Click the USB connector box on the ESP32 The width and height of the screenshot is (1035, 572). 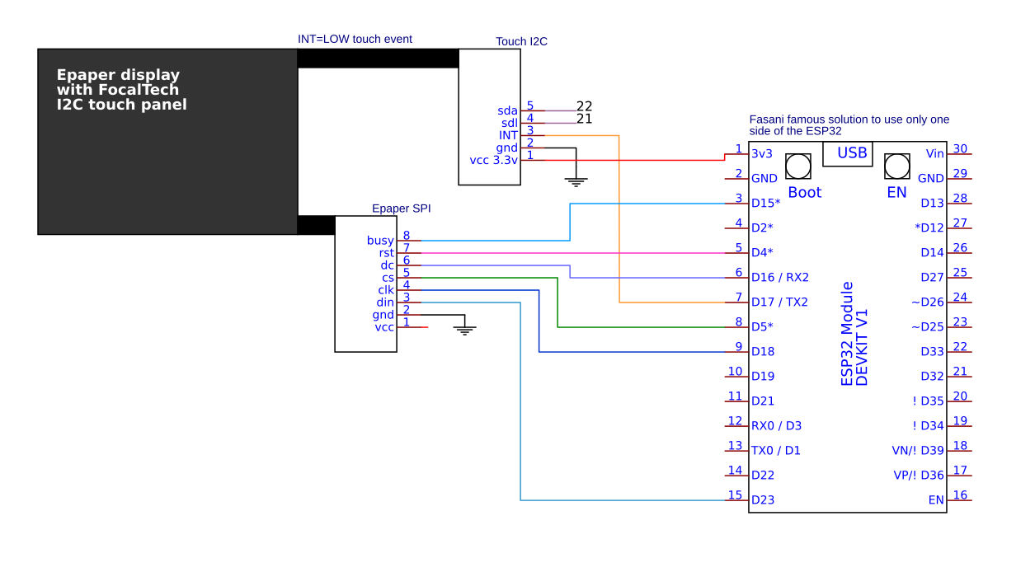coord(848,154)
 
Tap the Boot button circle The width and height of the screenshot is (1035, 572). coord(798,166)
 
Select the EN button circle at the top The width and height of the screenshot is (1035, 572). coord(896,166)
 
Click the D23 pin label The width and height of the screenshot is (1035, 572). coord(763,500)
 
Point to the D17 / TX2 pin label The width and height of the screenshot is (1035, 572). coord(779,302)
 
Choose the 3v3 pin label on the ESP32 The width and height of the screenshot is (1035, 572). coord(762,154)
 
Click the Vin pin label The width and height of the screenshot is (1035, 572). coord(934,154)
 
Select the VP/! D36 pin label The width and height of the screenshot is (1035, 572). coord(919,475)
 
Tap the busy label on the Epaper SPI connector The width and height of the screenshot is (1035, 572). coord(380,241)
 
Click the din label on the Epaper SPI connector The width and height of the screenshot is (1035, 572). coord(385,302)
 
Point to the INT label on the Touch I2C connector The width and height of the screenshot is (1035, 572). coord(508,135)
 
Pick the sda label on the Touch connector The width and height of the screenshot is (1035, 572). coord(507,110)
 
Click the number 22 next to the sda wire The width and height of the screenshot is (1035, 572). coord(584,106)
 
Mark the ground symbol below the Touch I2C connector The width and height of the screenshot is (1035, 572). coord(576,182)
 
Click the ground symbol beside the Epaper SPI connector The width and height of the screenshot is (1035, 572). coord(464,330)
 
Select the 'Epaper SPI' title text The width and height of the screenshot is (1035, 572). coord(401,209)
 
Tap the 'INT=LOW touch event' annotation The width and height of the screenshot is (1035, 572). coord(355,40)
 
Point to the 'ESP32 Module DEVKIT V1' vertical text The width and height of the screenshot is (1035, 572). coord(854,334)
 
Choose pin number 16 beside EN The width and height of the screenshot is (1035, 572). coord(960,495)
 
